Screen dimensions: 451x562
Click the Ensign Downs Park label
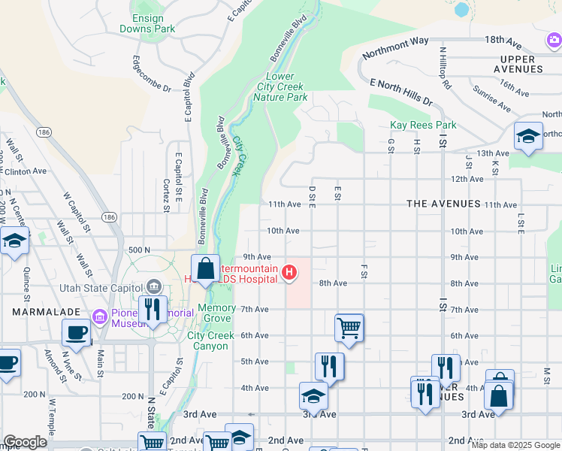147,23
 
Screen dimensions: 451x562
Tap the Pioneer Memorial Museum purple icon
98,316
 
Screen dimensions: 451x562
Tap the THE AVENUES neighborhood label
443,204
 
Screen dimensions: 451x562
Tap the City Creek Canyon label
207,341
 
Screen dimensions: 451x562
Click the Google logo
25,442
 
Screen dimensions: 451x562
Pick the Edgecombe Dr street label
152,74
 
